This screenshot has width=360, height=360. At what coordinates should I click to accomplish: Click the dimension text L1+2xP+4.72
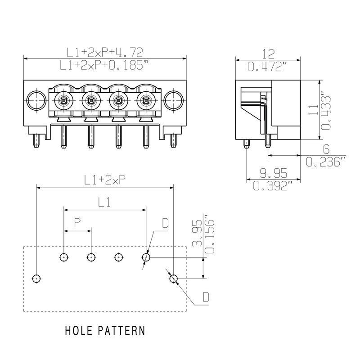[104, 52]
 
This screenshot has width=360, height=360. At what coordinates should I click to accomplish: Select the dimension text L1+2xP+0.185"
[104, 65]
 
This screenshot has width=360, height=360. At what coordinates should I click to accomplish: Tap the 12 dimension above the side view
[268, 54]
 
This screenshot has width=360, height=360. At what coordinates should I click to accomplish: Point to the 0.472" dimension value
[268, 67]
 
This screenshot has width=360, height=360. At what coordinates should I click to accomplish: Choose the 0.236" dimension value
[326, 161]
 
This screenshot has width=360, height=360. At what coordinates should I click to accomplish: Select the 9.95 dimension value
[273, 172]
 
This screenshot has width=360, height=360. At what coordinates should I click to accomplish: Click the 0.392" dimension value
[273, 185]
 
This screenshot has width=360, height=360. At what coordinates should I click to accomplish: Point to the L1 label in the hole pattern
[104, 202]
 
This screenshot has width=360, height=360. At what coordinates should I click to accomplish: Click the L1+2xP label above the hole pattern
[104, 180]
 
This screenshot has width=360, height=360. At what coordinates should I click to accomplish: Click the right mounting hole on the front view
[173, 100]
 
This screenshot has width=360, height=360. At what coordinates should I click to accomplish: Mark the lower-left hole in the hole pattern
[36, 279]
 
